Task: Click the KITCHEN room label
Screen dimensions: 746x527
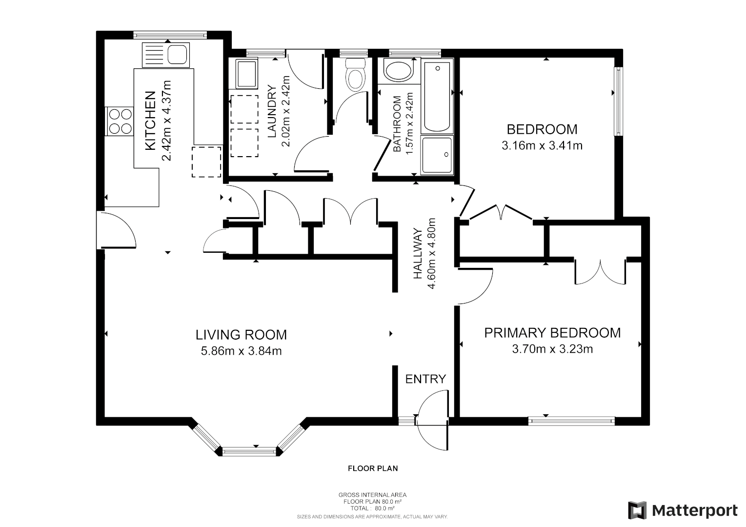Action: point(151,120)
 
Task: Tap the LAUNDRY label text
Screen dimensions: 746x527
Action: point(272,111)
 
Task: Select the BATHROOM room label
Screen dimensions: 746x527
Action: point(397,124)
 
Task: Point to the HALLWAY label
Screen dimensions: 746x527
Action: point(418,254)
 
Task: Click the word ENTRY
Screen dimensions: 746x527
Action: point(425,379)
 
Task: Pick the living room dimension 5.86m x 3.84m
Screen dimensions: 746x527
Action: point(241,351)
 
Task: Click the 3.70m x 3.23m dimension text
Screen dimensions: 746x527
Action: point(552,349)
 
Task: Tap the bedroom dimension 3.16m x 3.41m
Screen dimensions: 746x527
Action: point(542,145)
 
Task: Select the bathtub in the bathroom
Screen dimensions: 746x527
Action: point(437,96)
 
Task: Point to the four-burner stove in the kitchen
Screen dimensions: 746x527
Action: point(120,121)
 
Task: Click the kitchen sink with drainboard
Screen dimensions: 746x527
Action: point(165,55)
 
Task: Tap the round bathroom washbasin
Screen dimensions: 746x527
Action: point(398,70)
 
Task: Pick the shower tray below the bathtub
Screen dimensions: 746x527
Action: point(437,155)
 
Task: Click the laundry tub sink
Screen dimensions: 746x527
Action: point(246,74)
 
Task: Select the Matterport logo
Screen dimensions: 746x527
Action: point(683,510)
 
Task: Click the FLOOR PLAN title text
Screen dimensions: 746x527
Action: point(373,468)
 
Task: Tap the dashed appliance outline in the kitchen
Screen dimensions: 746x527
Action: point(206,162)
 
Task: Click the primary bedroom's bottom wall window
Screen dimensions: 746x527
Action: point(571,422)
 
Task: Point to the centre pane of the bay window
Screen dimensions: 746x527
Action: point(249,452)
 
